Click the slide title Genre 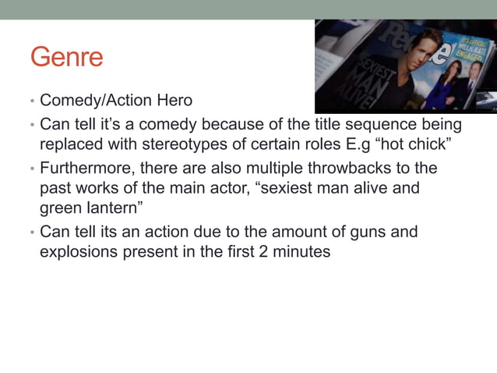point(66,57)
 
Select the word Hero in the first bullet point(173,101)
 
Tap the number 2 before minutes point(276,253)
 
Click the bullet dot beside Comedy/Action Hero point(32,102)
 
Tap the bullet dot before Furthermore point(32,169)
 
